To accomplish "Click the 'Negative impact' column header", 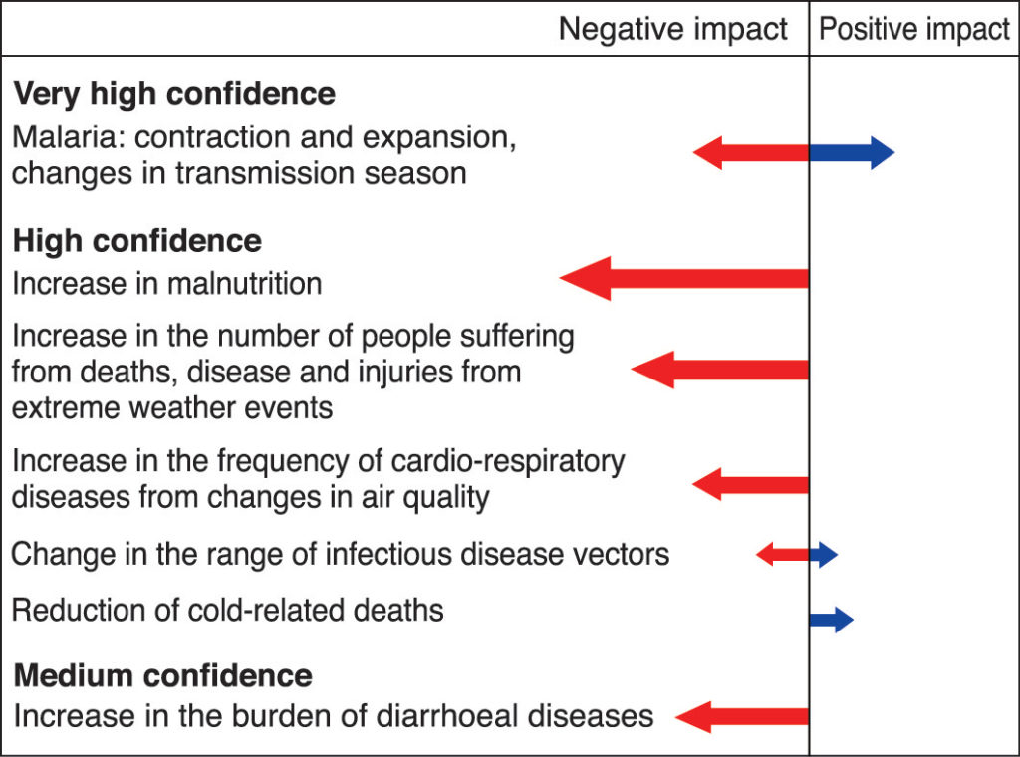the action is pyautogui.click(x=672, y=30).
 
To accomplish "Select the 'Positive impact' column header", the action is pyautogui.click(x=914, y=30).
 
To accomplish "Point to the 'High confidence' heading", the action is pyautogui.click(x=137, y=241).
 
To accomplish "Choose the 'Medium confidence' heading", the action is pyautogui.click(x=162, y=675).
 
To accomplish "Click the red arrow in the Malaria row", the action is pyautogui.click(x=751, y=152).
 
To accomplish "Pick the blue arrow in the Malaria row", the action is pyautogui.click(x=853, y=152).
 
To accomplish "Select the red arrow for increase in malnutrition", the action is pyautogui.click(x=683, y=278).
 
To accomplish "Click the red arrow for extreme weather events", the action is pyautogui.click(x=720, y=370).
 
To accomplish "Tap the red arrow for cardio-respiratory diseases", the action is pyautogui.click(x=751, y=484).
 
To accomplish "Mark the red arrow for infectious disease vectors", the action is pyautogui.click(x=783, y=554).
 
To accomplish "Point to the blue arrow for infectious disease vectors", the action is pyautogui.click(x=824, y=554).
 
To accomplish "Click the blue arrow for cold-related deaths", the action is pyautogui.click(x=832, y=620).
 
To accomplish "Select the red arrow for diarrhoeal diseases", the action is pyautogui.click(x=742, y=717).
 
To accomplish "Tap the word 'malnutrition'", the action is pyautogui.click(x=245, y=284).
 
